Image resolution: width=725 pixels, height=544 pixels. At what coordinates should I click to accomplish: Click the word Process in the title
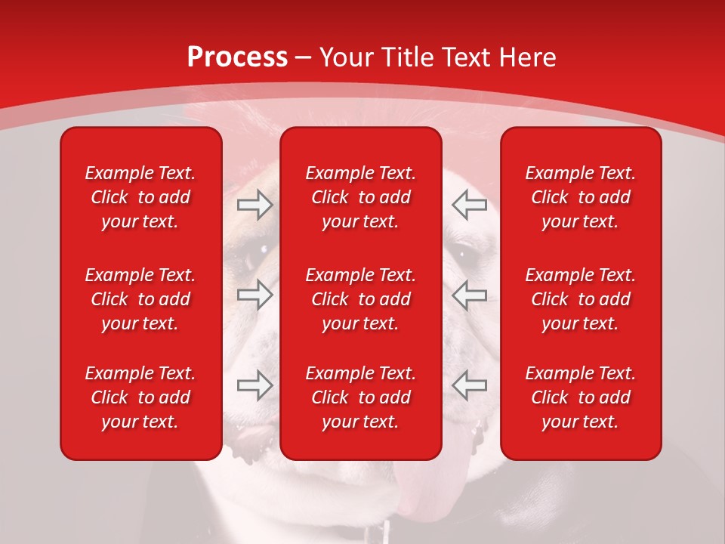237,57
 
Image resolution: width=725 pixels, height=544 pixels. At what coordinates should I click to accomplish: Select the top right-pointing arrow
255,204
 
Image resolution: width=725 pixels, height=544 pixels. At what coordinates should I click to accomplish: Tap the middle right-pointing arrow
255,295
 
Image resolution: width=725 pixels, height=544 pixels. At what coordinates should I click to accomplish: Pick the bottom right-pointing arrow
255,385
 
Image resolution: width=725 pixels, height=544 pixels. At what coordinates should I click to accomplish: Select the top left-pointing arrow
470,204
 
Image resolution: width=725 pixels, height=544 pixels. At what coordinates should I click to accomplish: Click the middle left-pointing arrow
470,295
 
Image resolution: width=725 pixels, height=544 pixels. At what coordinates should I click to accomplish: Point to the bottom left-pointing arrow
470,385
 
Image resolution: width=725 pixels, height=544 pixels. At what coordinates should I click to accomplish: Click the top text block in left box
140,197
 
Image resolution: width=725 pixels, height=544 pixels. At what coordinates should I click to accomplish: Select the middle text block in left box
140,299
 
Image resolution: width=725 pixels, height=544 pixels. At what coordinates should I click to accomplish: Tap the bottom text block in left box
140,397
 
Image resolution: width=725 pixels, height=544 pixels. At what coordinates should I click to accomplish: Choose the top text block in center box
361,197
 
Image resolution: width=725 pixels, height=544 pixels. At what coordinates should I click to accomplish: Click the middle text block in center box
361,299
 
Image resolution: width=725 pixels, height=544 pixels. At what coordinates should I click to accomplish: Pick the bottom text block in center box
361,397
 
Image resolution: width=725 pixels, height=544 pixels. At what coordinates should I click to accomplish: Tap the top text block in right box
581,197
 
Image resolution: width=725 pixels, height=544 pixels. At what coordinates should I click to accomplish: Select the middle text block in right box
581,299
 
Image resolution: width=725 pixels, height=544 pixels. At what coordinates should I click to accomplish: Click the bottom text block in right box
581,397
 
